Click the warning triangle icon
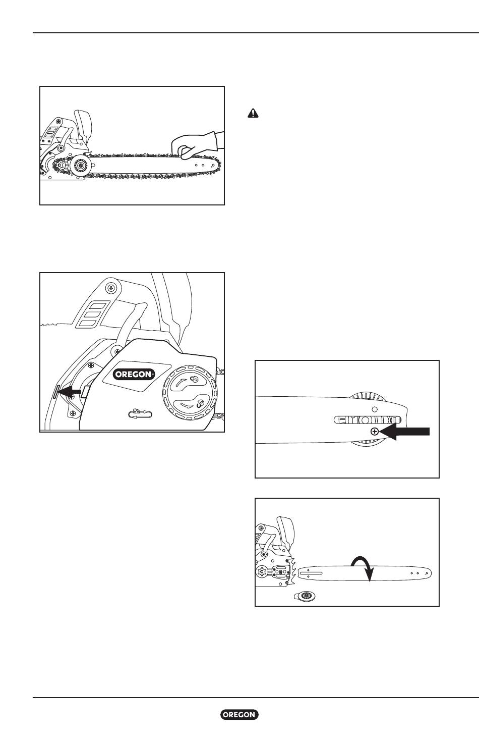[x=253, y=114]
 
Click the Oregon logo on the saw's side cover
[x=134, y=374]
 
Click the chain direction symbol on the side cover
[x=140, y=413]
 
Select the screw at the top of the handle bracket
[x=111, y=288]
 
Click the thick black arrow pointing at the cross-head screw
[x=404, y=432]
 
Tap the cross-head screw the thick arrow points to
[x=374, y=432]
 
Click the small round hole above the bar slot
[x=375, y=409]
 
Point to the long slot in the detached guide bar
[x=311, y=573]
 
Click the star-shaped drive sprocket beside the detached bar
[x=263, y=571]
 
